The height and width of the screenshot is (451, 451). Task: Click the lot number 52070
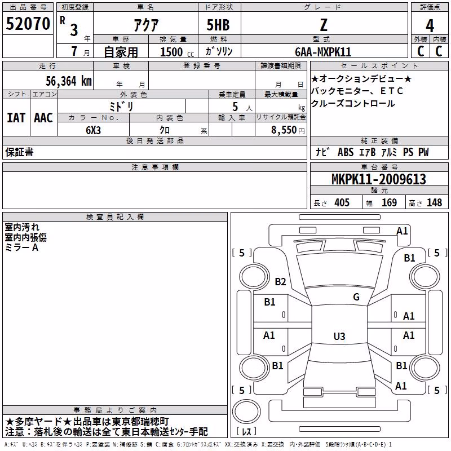[28, 24]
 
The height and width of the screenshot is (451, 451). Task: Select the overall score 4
[430, 26]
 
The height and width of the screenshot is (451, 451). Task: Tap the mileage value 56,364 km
[69, 81]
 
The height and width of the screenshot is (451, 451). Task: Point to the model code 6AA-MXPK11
[323, 52]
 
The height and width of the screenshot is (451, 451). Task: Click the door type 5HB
[218, 25]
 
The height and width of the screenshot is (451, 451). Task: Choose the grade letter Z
[324, 25]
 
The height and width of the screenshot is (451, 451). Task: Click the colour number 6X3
[93, 130]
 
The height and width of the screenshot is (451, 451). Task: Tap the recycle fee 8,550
[284, 130]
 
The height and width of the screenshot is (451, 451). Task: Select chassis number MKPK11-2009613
[378, 179]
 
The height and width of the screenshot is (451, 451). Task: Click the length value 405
[342, 202]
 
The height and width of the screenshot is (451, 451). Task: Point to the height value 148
[434, 202]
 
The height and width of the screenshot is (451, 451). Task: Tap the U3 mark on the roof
[339, 336]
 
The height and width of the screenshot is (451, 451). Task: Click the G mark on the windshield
[356, 297]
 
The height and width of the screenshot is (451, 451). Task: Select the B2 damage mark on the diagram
[280, 281]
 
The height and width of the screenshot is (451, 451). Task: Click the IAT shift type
[16, 118]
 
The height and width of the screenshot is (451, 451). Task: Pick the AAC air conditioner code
[43, 118]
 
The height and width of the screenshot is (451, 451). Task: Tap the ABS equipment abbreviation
[346, 152]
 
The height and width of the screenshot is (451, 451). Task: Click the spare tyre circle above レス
[246, 412]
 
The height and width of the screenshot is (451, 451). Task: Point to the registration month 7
[74, 51]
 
